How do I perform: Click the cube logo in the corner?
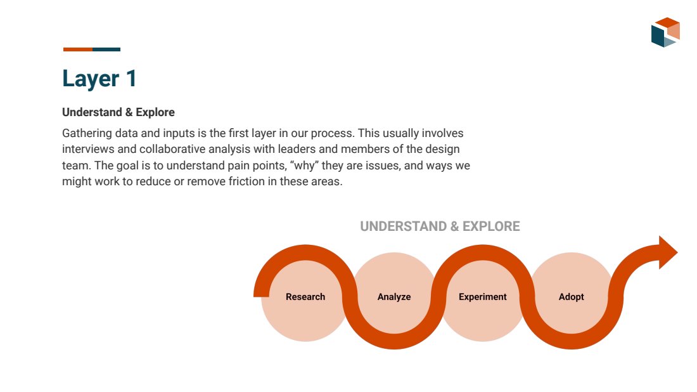(x=665, y=32)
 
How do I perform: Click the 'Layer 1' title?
(x=99, y=79)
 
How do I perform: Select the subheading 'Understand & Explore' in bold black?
(x=118, y=112)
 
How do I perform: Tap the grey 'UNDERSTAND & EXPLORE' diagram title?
(x=440, y=226)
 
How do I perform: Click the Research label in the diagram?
(x=305, y=297)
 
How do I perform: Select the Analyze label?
(x=394, y=297)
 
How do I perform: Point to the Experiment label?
(x=483, y=297)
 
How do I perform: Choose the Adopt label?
(x=571, y=297)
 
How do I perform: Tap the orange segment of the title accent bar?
(x=78, y=49)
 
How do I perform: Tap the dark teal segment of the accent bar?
(x=106, y=49)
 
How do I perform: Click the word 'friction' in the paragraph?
(x=246, y=181)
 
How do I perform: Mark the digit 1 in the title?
(x=131, y=79)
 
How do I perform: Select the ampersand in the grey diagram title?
(x=454, y=226)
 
